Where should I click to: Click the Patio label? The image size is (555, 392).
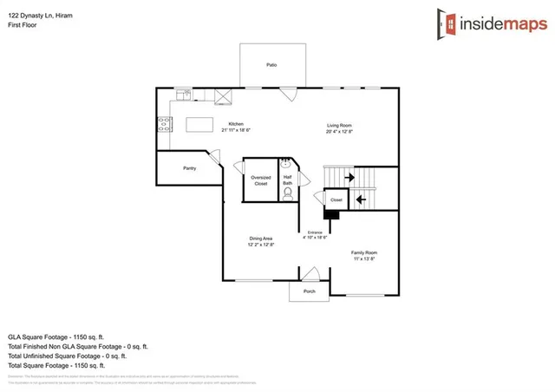point(271,65)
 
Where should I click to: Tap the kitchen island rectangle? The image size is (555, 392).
point(200,125)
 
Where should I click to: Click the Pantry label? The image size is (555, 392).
point(189,168)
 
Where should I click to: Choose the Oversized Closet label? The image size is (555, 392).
point(260,180)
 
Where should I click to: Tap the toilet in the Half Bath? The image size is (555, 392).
point(287,194)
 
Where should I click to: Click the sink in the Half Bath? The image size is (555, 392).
point(286,162)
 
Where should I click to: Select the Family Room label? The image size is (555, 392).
point(364,253)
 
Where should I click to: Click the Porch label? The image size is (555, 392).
point(309,292)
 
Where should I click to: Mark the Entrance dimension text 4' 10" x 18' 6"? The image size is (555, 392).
point(314,236)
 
